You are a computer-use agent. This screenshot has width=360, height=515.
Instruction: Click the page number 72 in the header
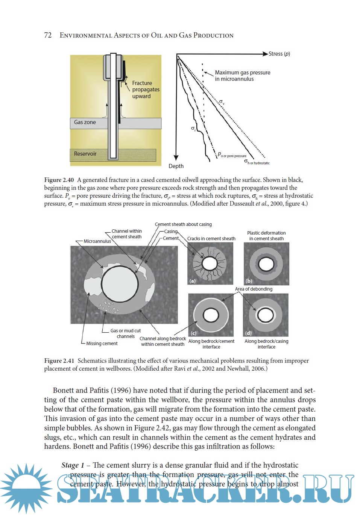click(48, 35)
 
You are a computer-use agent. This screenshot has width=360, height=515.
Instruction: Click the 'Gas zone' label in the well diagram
click(85, 122)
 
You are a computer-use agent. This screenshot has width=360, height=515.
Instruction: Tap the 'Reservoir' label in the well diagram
click(85, 154)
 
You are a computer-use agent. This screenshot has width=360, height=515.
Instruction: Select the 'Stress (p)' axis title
click(279, 54)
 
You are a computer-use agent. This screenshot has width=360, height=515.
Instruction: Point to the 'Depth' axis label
click(176, 166)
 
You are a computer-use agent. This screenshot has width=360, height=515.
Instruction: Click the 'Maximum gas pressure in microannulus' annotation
click(242, 76)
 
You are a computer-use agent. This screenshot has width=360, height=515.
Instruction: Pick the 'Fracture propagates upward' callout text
click(145, 89)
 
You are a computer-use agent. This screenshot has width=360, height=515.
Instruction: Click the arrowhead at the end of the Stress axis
click(265, 54)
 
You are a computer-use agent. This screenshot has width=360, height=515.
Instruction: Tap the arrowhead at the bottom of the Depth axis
click(176, 158)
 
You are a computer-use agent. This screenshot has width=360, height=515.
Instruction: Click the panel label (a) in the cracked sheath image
click(193, 281)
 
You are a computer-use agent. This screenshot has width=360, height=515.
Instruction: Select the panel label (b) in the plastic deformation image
click(249, 281)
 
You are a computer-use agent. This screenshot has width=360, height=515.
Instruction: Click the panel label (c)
click(193, 333)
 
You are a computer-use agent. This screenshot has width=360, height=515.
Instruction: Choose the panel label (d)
click(248, 333)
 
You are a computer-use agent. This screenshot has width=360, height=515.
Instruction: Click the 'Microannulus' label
click(97, 241)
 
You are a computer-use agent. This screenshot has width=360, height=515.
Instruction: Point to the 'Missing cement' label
click(102, 344)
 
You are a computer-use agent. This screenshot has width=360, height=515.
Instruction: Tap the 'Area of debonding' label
click(254, 289)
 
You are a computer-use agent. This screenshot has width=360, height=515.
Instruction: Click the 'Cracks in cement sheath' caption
click(211, 239)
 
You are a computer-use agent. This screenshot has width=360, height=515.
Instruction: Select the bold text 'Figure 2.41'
click(59, 361)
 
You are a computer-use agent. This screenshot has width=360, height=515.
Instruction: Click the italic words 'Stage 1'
click(73, 465)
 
